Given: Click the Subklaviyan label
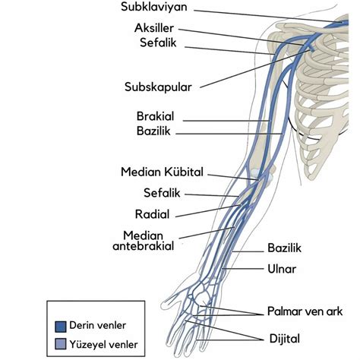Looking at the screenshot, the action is [154, 7].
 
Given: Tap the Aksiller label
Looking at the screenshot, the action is [154, 28].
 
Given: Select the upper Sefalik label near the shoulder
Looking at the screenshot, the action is [158, 43].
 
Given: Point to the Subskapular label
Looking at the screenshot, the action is [158, 87].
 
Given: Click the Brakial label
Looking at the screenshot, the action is [156, 116].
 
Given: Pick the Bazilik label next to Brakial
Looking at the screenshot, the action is [153, 131].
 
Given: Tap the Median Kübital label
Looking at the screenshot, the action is [162, 172].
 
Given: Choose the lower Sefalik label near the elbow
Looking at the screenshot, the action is [162, 193].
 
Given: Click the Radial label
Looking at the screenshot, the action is [152, 214].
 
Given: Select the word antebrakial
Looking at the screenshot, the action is [144, 246].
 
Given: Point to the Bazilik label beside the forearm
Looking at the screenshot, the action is [285, 248].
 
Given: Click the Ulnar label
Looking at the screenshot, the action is [282, 269].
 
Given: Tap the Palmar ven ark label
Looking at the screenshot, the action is [305, 311].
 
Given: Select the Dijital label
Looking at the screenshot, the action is [285, 339].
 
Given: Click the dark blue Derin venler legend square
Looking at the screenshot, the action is [61, 327].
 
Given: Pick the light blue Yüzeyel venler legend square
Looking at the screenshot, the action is [61, 344].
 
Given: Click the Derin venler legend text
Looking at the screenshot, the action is [97, 326].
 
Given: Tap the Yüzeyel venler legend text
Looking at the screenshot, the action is [103, 345].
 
